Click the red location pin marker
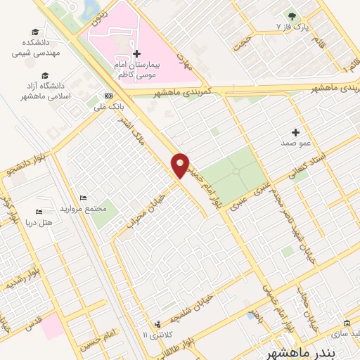[180, 165]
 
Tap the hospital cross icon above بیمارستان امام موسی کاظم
[136, 53]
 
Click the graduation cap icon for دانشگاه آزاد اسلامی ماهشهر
[46, 76]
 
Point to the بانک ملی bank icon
[108, 96]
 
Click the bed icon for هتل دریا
[39, 212]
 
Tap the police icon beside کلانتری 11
[157, 324]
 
